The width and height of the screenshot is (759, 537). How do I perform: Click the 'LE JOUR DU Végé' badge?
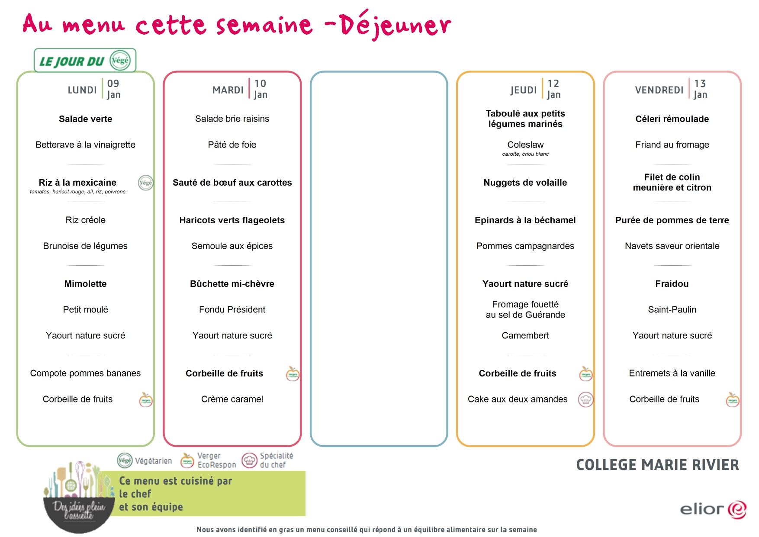point(85,61)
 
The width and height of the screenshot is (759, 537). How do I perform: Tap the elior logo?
point(713,509)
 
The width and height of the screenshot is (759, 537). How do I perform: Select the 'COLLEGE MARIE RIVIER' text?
point(657,465)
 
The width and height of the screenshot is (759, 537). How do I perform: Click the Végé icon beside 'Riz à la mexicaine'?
point(146,183)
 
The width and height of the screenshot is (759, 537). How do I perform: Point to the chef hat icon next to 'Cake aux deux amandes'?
point(586,400)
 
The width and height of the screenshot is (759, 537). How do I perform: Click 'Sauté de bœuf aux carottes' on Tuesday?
point(232,183)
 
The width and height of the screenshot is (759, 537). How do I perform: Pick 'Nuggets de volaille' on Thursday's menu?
point(525,183)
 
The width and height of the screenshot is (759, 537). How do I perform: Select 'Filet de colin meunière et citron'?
point(672,182)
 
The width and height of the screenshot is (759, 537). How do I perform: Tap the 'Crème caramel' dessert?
point(232,399)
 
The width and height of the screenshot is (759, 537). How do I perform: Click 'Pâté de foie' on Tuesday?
point(232,145)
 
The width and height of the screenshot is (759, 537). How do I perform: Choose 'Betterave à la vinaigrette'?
point(85,145)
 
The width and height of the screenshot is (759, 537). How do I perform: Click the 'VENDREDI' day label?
point(659,90)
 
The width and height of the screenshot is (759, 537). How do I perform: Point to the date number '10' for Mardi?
point(260,84)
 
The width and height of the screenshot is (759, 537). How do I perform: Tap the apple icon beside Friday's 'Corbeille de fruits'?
point(733,400)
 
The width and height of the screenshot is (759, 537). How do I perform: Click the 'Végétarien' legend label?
point(153,461)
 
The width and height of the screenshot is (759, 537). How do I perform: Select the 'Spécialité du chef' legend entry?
point(268,460)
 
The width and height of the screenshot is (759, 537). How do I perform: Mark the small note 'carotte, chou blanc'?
point(525,154)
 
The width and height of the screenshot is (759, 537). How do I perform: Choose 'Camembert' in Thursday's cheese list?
point(525,335)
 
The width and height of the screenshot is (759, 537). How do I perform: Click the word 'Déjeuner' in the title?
point(395,25)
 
